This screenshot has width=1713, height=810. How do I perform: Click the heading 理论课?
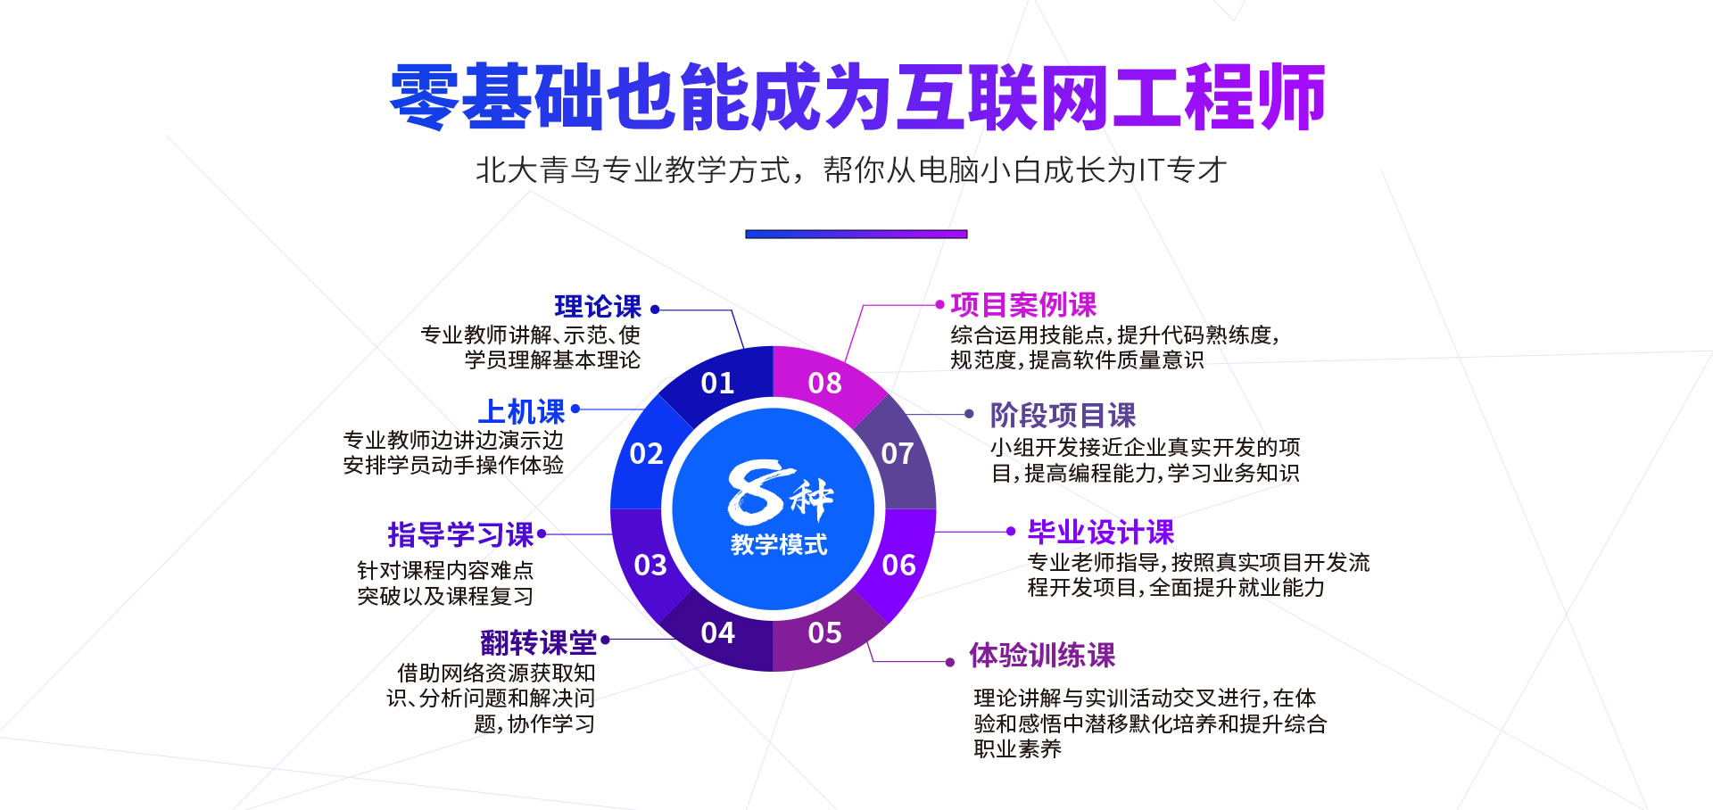click(x=598, y=307)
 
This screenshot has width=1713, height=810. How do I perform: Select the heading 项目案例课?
click(x=1023, y=305)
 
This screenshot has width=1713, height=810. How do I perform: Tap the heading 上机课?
click(x=522, y=411)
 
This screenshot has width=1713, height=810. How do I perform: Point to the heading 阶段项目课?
click(x=1063, y=415)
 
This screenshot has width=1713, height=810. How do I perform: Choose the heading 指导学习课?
click(x=460, y=534)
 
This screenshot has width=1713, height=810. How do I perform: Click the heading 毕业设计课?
click(x=1101, y=533)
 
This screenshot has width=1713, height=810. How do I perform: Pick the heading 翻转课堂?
click(x=538, y=642)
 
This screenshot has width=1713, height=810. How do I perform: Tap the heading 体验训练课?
click(x=1042, y=656)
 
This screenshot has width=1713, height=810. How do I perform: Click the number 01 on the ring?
click(x=717, y=384)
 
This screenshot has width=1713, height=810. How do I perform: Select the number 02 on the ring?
click(x=646, y=454)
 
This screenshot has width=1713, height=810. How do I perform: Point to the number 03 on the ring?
click(x=650, y=566)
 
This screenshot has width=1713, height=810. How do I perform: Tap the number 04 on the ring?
click(x=717, y=633)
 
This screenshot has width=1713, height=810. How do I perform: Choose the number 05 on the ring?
click(x=824, y=633)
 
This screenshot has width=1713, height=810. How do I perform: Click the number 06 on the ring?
click(x=898, y=566)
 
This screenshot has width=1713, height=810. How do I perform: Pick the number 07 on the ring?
click(x=897, y=454)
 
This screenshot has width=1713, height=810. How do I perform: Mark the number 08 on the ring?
click(x=824, y=384)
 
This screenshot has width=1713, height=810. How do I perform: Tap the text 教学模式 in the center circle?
click(x=779, y=544)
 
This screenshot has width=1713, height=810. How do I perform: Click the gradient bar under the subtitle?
click(x=856, y=235)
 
